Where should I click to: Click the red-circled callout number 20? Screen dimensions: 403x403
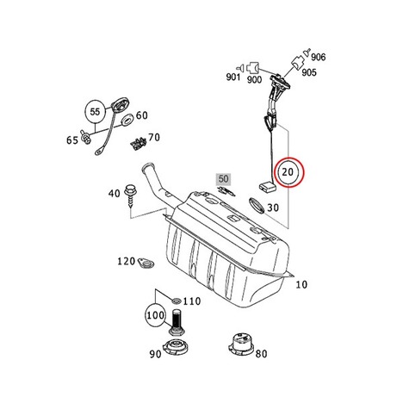[x=288, y=172]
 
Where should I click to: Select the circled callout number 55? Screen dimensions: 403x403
[x=95, y=112]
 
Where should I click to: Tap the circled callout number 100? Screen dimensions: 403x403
[x=155, y=315]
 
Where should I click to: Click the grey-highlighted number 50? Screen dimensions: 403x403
[x=223, y=179]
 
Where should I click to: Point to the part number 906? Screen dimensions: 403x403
[x=319, y=57]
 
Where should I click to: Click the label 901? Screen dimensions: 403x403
[x=233, y=77]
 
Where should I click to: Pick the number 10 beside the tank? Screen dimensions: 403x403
[x=301, y=284]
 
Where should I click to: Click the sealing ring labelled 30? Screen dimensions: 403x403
[x=256, y=205]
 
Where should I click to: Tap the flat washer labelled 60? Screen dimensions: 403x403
[x=127, y=120]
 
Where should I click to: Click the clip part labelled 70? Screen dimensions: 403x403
[x=139, y=143]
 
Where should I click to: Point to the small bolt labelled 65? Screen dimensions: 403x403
[x=86, y=138]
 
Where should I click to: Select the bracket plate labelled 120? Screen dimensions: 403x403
[x=146, y=263]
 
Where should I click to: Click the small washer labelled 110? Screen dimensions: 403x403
[x=176, y=301]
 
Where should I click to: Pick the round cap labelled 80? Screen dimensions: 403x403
[x=241, y=344]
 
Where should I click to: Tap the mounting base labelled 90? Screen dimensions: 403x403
[x=176, y=348]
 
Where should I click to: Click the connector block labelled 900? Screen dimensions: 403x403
[x=253, y=68]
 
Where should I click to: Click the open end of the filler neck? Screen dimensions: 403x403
[x=148, y=166]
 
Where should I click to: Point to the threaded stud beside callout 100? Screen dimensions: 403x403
[x=177, y=322]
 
